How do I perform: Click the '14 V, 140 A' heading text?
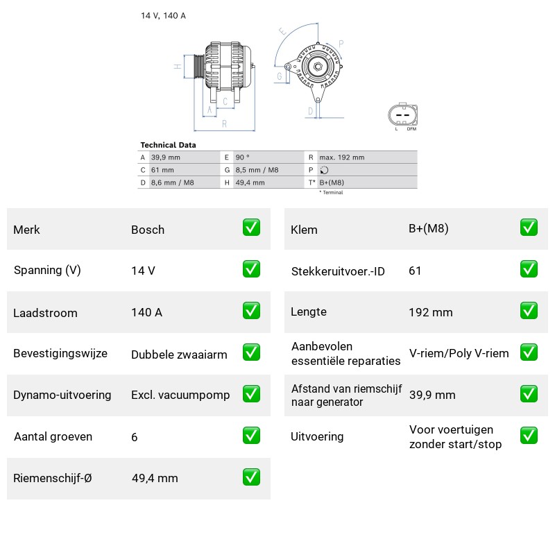tap(163, 15)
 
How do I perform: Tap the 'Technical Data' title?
tap(168, 145)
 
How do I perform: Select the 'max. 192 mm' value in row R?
tap(342, 157)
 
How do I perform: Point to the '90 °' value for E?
tap(242, 157)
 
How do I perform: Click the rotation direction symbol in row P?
tap(324, 170)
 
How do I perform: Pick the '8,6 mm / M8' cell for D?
tap(172, 182)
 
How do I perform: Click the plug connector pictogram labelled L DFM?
tap(403, 115)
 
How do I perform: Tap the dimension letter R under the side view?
tap(224, 124)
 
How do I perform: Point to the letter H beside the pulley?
tap(178, 66)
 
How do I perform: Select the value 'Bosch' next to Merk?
tap(148, 230)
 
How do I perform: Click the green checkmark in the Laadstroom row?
tap(251, 311)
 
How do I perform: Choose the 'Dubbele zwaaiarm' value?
tap(179, 355)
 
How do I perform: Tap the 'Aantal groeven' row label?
tap(53, 436)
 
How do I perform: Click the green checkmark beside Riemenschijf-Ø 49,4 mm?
tap(251, 477)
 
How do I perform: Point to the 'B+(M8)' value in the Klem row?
tap(429, 229)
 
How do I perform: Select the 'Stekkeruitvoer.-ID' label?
tap(338, 271)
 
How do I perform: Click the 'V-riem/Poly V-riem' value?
tap(459, 353)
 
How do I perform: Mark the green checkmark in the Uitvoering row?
tap(529, 436)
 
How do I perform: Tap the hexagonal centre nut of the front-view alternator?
tap(318, 67)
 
